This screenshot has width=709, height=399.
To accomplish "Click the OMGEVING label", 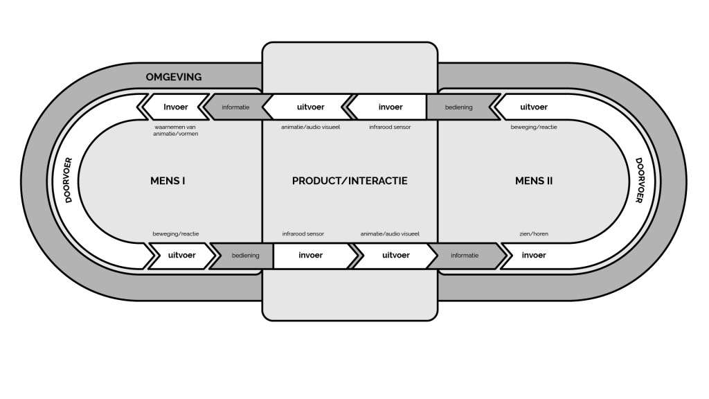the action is pyautogui.click(x=174, y=77).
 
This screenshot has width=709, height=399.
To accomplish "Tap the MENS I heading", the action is pyautogui.click(x=168, y=181).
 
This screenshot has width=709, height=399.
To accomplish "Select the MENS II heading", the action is pyautogui.click(x=534, y=181).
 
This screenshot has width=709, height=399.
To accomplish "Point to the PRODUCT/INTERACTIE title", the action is pyautogui.click(x=350, y=181).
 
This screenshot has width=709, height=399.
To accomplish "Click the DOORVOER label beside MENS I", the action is pyautogui.click(x=69, y=180).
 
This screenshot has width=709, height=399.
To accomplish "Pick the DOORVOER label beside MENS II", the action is pyautogui.click(x=639, y=180).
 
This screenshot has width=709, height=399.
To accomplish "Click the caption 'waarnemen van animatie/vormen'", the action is pyautogui.click(x=175, y=130).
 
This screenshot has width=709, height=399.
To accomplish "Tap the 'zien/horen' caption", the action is pyautogui.click(x=534, y=234).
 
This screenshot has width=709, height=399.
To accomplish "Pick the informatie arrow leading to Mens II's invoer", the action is pyautogui.click(x=467, y=255).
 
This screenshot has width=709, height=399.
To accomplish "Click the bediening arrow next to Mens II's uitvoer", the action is pyautogui.click(x=461, y=107).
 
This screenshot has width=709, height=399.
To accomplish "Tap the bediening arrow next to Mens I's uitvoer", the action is pyautogui.click(x=243, y=255).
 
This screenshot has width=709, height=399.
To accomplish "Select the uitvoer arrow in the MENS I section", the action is pyautogui.click(x=181, y=255).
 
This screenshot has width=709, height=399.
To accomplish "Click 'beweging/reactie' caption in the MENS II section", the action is pyautogui.click(x=534, y=127).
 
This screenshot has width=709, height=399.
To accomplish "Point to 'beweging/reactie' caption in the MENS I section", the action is pyautogui.click(x=175, y=234).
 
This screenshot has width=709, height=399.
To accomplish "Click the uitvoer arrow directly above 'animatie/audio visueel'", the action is pyautogui.click(x=309, y=107).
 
